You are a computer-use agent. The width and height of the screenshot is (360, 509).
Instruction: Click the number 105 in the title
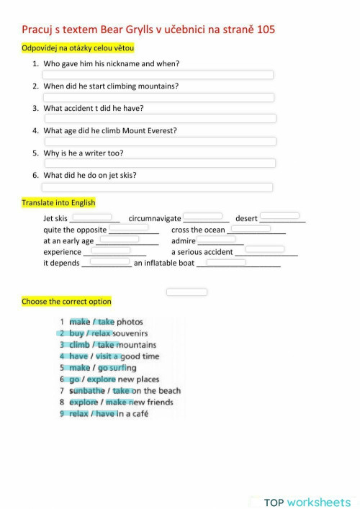[x=264, y=30]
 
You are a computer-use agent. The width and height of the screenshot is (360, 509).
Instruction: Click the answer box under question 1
[x=158, y=75]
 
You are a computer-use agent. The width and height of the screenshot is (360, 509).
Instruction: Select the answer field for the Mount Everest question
[x=160, y=142]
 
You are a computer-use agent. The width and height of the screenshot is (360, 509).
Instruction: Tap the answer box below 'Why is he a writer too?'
[x=160, y=163]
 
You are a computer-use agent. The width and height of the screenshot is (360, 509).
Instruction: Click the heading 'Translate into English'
[x=58, y=203]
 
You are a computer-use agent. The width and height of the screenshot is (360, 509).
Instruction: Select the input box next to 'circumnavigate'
[x=202, y=216]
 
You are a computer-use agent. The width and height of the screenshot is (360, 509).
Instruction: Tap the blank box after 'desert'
[x=279, y=216]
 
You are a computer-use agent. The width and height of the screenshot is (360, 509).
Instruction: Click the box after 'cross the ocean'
[x=251, y=228]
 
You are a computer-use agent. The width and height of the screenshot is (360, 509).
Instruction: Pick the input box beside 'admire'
[x=216, y=239]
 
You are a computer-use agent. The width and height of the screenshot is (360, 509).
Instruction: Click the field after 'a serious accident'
[x=265, y=250]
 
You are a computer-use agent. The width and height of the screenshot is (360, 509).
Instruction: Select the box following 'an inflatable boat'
[x=226, y=262]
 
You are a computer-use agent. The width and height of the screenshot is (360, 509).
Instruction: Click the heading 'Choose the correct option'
[x=66, y=301]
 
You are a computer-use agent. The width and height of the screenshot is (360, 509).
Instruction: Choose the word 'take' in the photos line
[x=106, y=322]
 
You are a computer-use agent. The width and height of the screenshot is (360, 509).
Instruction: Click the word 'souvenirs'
[x=130, y=333]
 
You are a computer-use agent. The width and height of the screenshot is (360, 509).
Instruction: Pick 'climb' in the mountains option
[x=79, y=345]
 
